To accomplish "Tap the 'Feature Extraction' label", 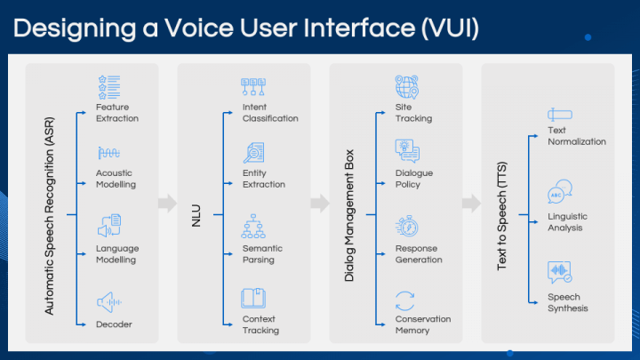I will (117, 113).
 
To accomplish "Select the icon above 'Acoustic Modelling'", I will (108, 153).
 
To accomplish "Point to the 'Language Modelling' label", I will (117, 254).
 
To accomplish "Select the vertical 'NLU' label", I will (197, 215).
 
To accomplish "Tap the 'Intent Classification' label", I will (270, 113).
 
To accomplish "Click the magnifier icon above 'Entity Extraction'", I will (254, 153).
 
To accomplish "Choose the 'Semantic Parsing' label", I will (262, 254).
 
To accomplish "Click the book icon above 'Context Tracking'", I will (254, 299).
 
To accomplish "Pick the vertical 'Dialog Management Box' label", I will (349, 215).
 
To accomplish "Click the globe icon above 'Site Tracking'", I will (407, 88).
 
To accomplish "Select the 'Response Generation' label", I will (419, 254).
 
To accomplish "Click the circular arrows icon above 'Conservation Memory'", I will (406, 300).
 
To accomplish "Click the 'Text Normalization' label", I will (577, 136).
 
